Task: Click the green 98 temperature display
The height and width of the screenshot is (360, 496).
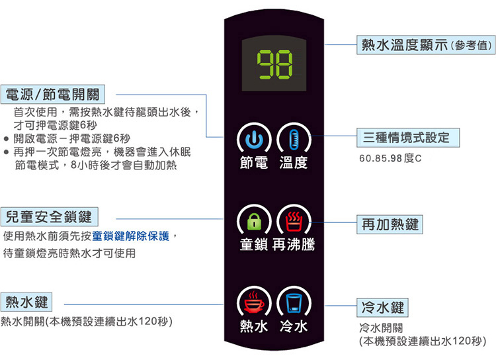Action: (274, 64)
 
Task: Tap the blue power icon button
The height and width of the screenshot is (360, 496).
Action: (255, 138)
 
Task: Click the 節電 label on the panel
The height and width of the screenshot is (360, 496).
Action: (255, 162)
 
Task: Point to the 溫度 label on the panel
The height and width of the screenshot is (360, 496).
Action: (294, 162)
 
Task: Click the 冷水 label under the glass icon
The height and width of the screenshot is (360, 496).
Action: (294, 326)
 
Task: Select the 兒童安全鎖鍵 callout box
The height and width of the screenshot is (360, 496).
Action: (49, 216)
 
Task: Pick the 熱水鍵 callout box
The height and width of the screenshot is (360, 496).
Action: (27, 302)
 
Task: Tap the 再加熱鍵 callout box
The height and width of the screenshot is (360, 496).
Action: (390, 223)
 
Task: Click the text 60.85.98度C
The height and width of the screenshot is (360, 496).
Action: (390, 159)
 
